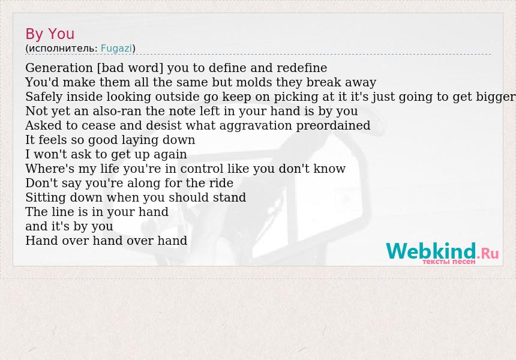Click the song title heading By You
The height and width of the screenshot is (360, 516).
[x=50, y=34]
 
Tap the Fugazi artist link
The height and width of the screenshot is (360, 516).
[x=116, y=49]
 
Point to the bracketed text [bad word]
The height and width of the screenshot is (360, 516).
[x=130, y=68]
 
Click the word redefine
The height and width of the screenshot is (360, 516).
[x=302, y=68]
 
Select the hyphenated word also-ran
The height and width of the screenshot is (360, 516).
[x=117, y=111]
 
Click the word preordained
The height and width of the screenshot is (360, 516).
[x=333, y=126]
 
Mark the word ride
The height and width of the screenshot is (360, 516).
[x=221, y=183]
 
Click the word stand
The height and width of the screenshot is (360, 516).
[x=229, y=197]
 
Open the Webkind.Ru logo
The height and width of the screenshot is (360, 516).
[x=442, y=252]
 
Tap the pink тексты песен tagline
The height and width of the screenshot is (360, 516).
[x=449, y=262]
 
